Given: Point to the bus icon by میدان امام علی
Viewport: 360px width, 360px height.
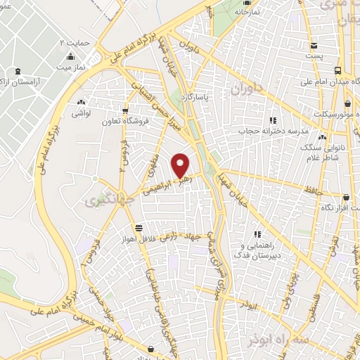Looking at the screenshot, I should [x=339, y=71].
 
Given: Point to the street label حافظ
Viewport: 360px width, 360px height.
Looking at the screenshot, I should [x=313, y=189].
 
